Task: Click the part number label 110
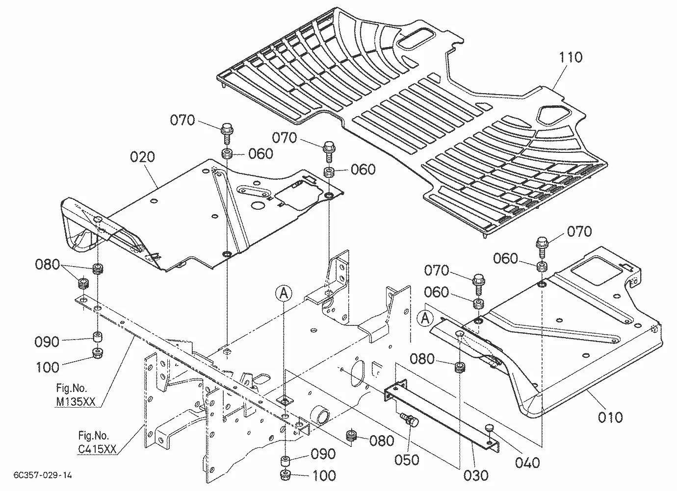click(x=571, y=57)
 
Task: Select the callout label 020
click(x=142, y=157)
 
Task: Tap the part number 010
click(x=610, y=417)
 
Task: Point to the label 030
click(x=476, y=476)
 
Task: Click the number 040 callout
click(x=527, y=463)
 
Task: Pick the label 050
click(x=407, y=460)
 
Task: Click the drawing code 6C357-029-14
click(x=43, y=475)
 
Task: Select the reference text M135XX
click(x=76, y=402)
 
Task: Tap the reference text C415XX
click(x=97, y=449)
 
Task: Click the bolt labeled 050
click(x=410, y=420)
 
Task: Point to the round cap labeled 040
click(x=489, y=428)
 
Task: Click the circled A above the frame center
click(x=284, y=293)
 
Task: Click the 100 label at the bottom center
click(x=324, y=476)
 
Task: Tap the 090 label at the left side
click(x=47, y=342)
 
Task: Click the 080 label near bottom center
click(x=381, y=441)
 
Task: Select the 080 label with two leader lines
click(x=47, y=265)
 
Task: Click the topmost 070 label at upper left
click(x=182, y=120)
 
